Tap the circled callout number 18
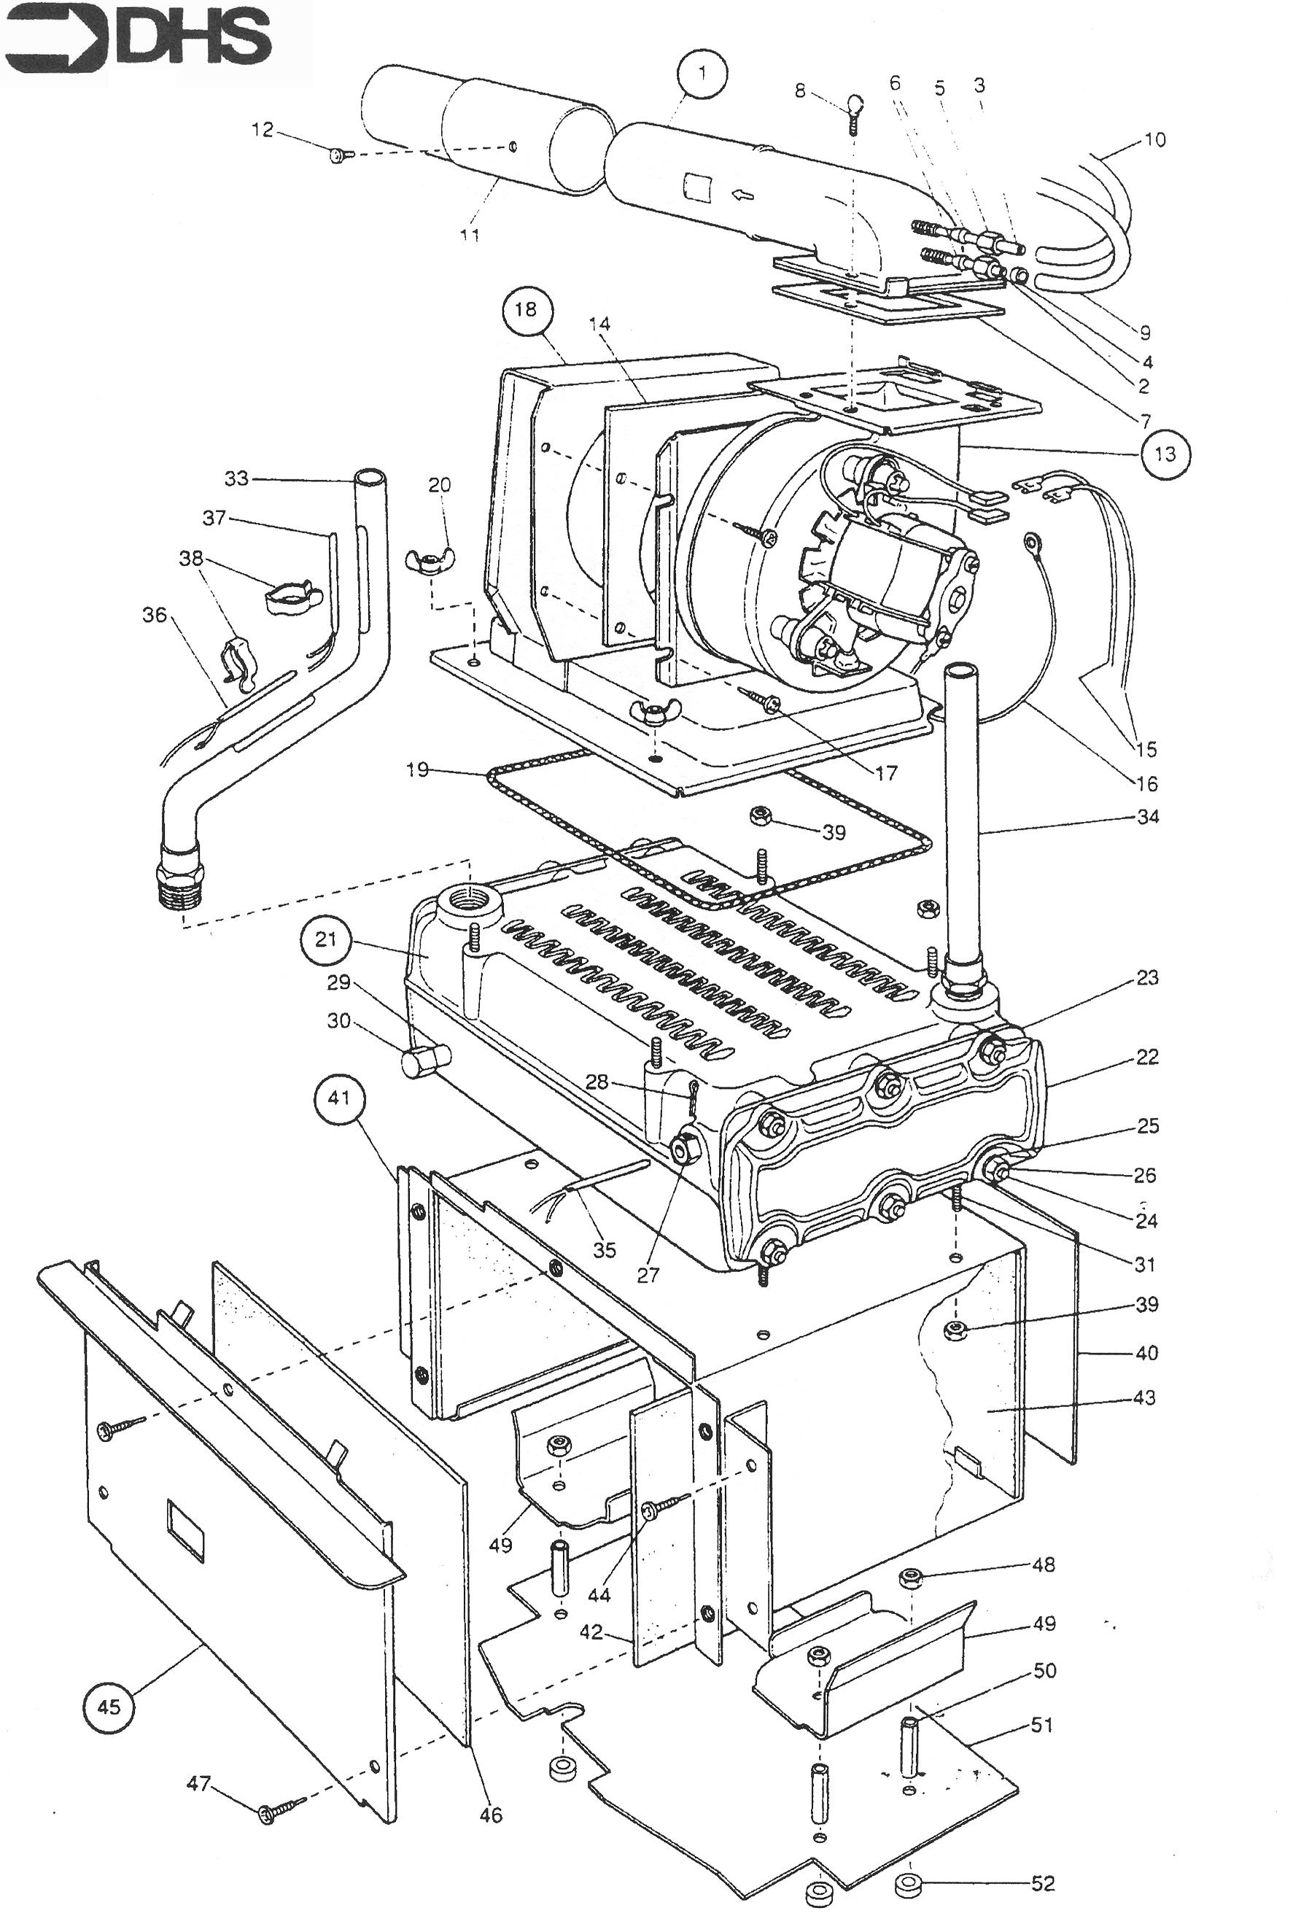pos(525,309)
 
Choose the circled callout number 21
pos(327,939)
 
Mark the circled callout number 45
pos(109,1706)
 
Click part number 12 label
pos(263,131)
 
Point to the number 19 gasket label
pos(417,769)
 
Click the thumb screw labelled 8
pos(855,106)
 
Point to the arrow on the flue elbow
pos(743,195)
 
